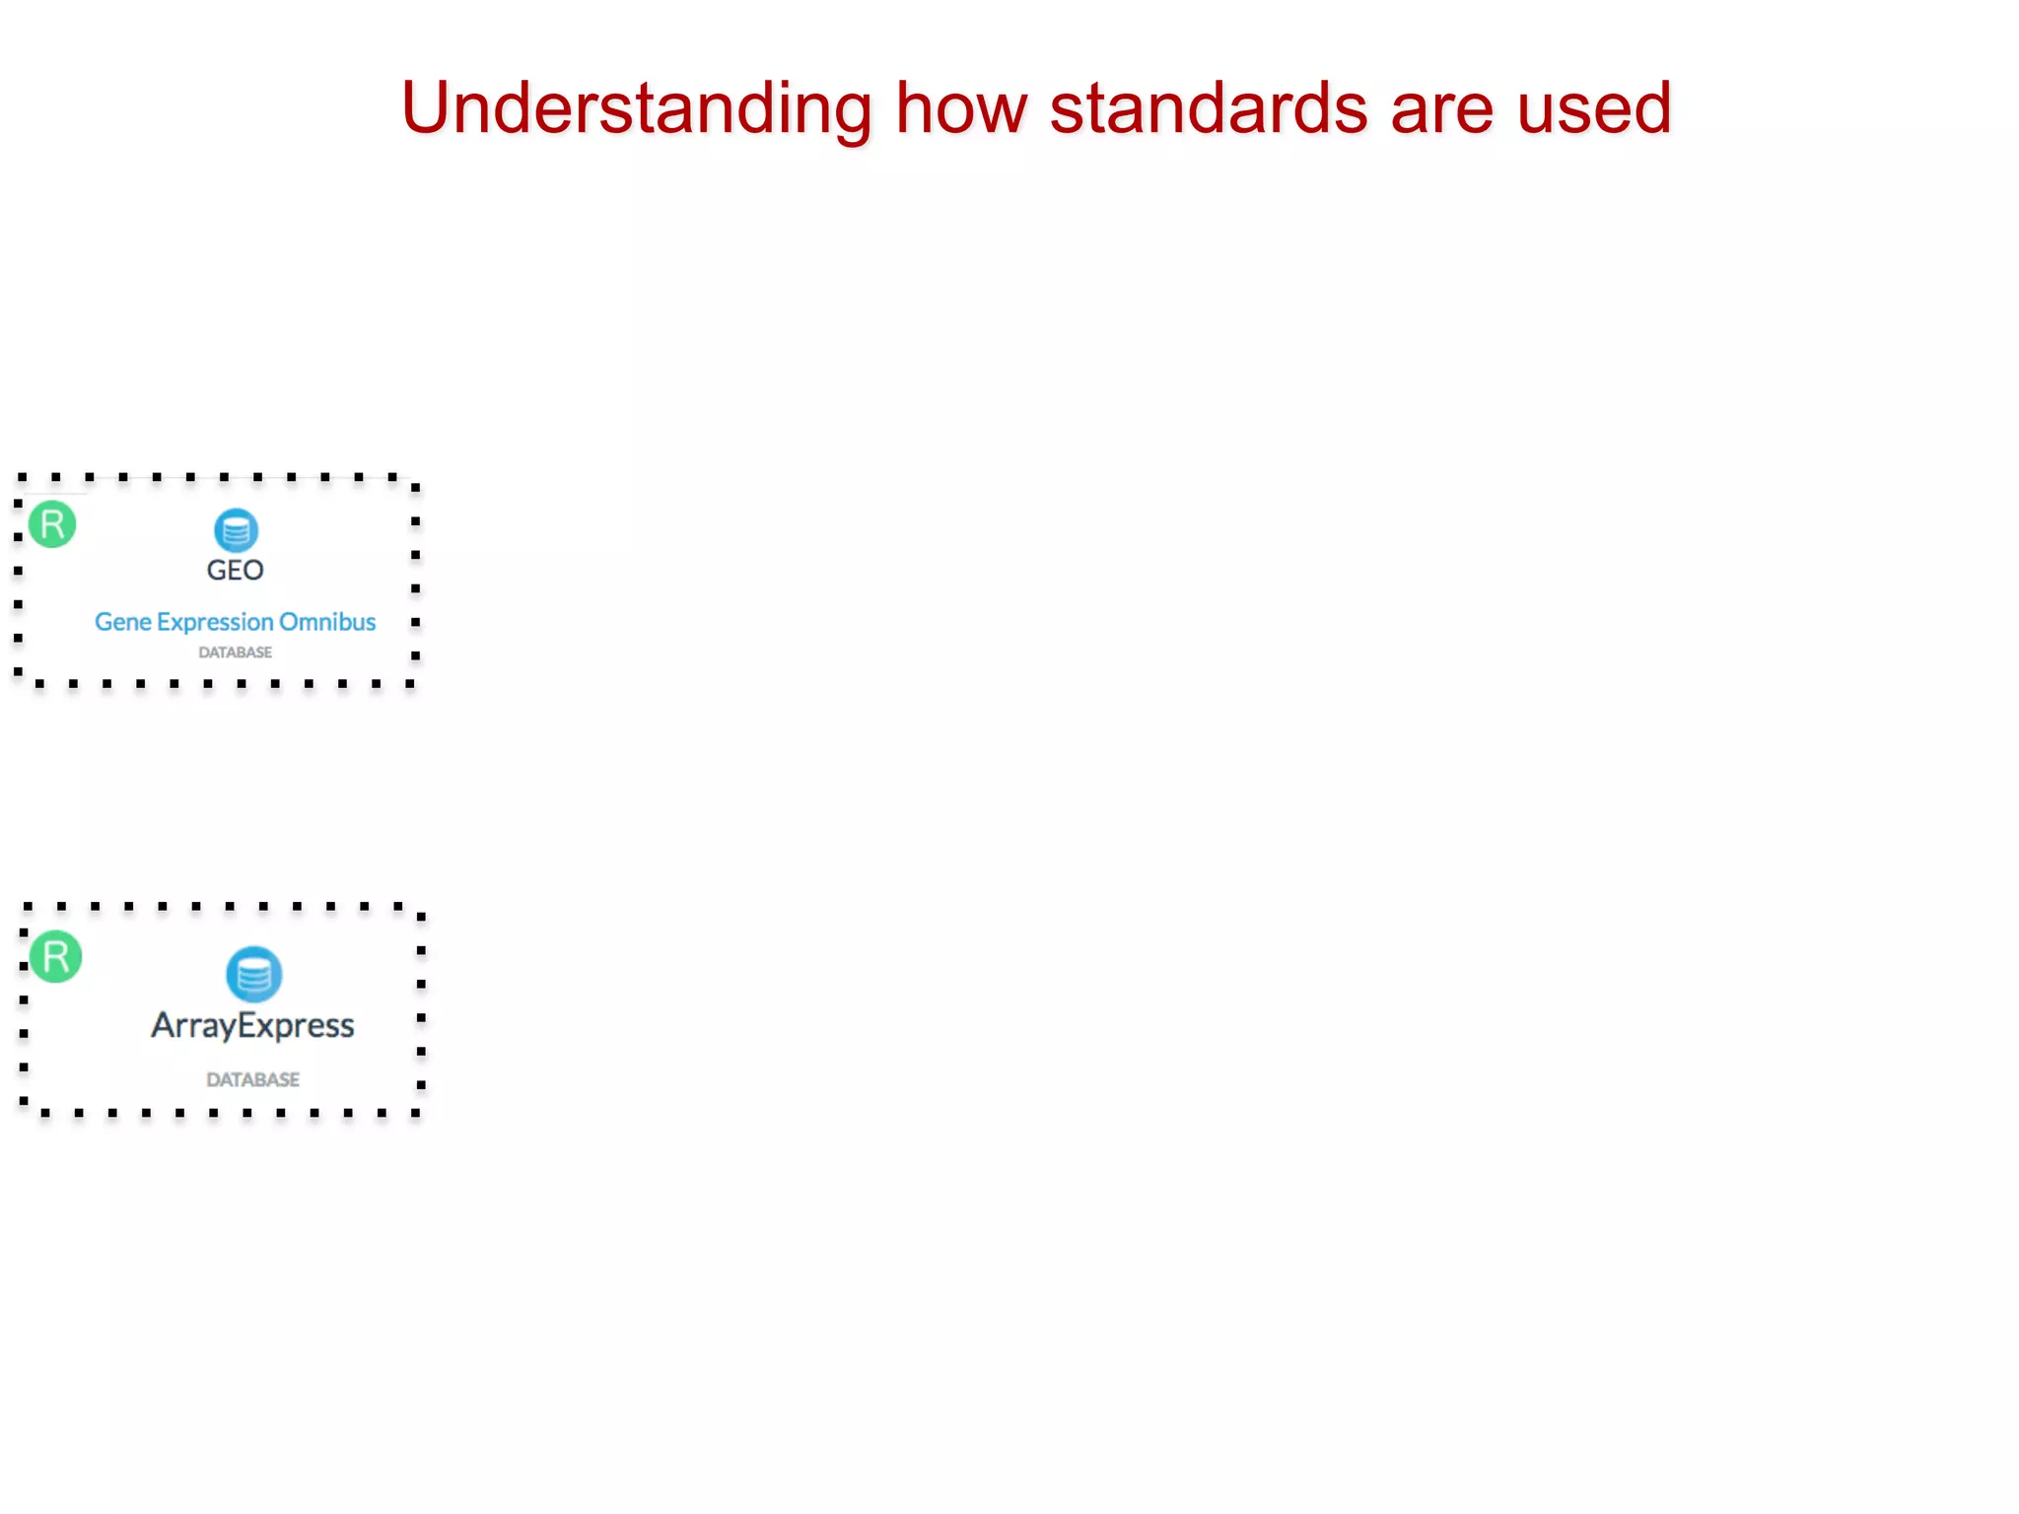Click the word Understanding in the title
pyautogui.click(x=636, y=108)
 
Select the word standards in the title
pyautogui.click(x=1209, y=108)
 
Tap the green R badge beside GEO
pyautogui.click(x=52, y=524)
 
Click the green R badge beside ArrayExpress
pyautogui.click(x=55, y=956)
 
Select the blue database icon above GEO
pyautogui.click(x=236, y=530)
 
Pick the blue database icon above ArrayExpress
pyautogui.click(x=253, y=975)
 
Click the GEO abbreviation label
pyautogui.click(x=235, y=570)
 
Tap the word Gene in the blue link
pyautogui.click(x=123, y=622)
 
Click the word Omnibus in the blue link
pyautogui.click(x=327, y=622)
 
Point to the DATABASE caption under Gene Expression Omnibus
pyautogui.click(x=235, y=653)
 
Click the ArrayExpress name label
pyautogui.click(x=252, y=1026)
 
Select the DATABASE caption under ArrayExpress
pyautogui.click(x=252, y=1079)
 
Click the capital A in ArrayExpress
pyautogui.click(x=164, y=1025)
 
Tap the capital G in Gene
pyautogui.click(x=103, y=622)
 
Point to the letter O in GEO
pyautogui.click(x=252, y=570)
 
